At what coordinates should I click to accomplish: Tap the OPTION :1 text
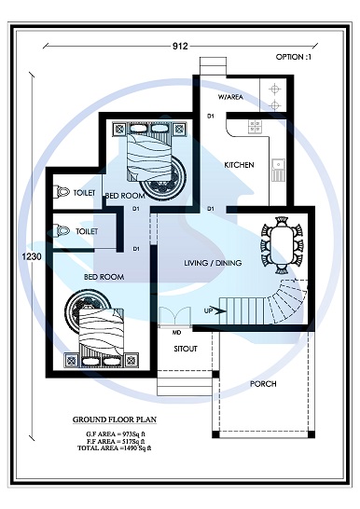point(296,57)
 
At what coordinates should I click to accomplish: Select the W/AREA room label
point(230,97)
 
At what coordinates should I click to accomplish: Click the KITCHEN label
point(239,165)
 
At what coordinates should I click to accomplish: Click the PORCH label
point(264,384)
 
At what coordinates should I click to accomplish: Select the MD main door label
point(176,331)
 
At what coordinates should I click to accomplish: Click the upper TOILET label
point(84,192)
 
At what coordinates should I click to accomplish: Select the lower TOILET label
point(87,230)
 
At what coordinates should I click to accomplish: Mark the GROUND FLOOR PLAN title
point(118,420)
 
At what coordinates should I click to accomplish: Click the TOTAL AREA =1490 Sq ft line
point(118,449)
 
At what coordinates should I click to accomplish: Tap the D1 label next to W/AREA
point(211,116)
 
